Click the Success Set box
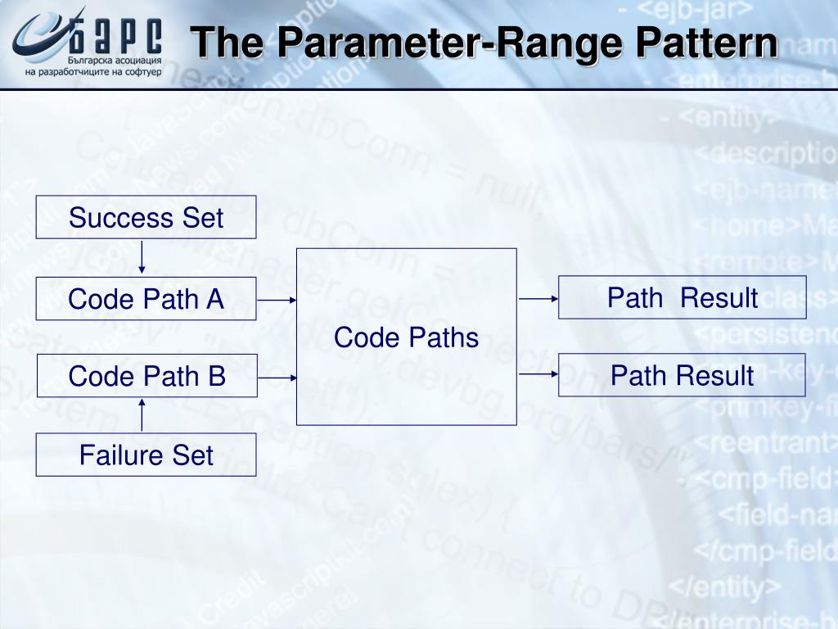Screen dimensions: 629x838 point(146,217)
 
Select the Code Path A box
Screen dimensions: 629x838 point(146,298)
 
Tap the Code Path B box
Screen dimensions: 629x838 point(147,376)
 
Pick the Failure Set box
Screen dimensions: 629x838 point(146,455)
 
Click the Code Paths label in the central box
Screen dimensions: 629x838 point(406,337)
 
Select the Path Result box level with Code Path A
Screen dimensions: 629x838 point(682,297)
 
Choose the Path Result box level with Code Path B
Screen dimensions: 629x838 point(682,375)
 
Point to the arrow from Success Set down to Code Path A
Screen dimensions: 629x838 point(142,257)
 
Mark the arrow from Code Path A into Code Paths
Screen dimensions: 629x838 point(277,300)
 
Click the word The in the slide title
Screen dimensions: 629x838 point(224,43)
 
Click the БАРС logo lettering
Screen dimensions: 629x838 point(122,34)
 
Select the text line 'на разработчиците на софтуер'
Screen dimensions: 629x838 point(93,72)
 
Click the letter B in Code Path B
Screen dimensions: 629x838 point(216,376)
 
